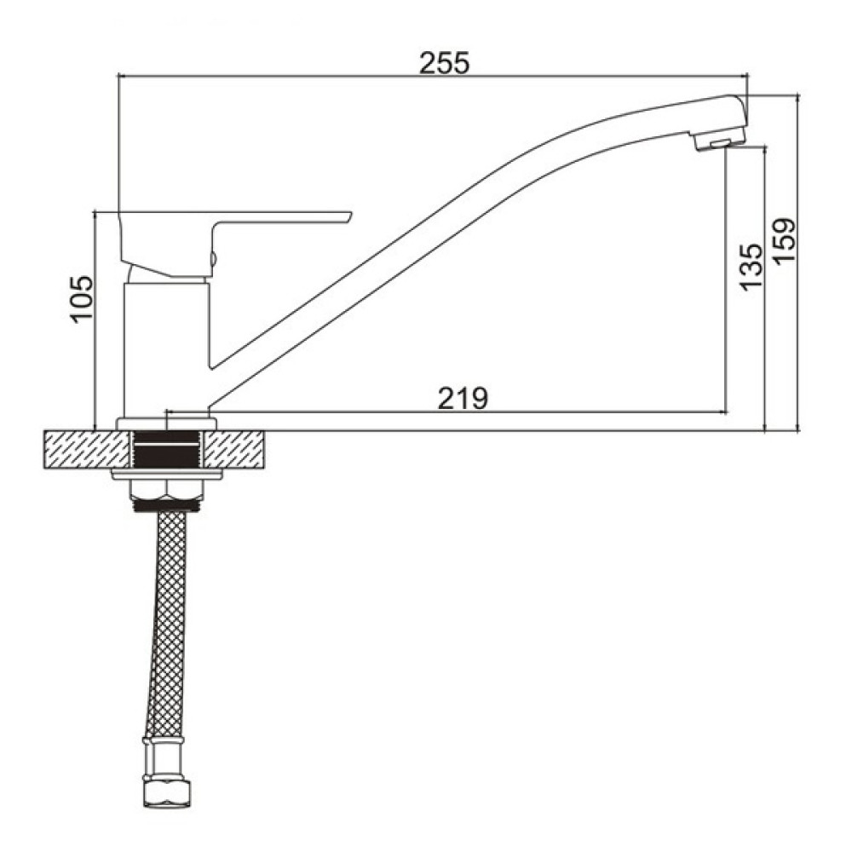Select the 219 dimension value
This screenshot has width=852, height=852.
pos(463,398)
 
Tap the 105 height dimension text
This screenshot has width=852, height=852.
pos(82,299)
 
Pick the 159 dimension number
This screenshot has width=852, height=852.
pos(784,241)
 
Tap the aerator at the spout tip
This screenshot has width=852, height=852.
pos(718,142)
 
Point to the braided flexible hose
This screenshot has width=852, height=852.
pos(166,625)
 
